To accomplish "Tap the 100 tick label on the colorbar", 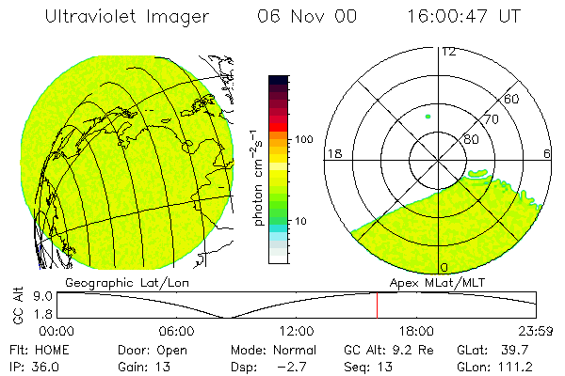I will (304, 139).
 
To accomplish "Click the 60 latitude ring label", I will (512, 99).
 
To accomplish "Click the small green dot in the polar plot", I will (428, 117).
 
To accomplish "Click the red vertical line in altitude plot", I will (377, 305).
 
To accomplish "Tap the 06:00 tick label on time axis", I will (176, 331).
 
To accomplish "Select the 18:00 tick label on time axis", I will (416, 331).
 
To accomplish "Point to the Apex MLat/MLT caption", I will (440, 281).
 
